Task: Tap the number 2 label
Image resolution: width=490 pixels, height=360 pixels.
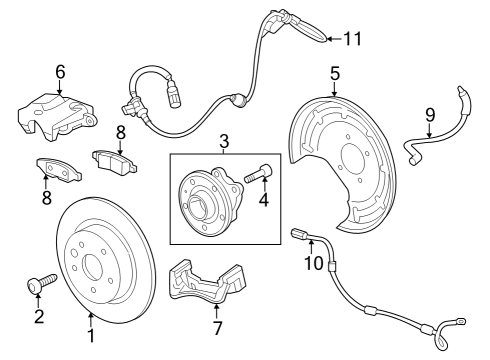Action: point(39,317)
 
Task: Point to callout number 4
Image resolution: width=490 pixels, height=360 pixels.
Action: point(265,199)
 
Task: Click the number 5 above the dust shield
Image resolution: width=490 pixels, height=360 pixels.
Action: point(335,72)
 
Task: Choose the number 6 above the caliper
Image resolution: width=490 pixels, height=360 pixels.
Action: point(60,71)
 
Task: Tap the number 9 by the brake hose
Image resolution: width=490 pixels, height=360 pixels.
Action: point(430,114)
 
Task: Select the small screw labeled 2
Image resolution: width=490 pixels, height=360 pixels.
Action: point(35,285)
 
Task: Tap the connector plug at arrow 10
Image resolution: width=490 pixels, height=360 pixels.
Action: point(298,235)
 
